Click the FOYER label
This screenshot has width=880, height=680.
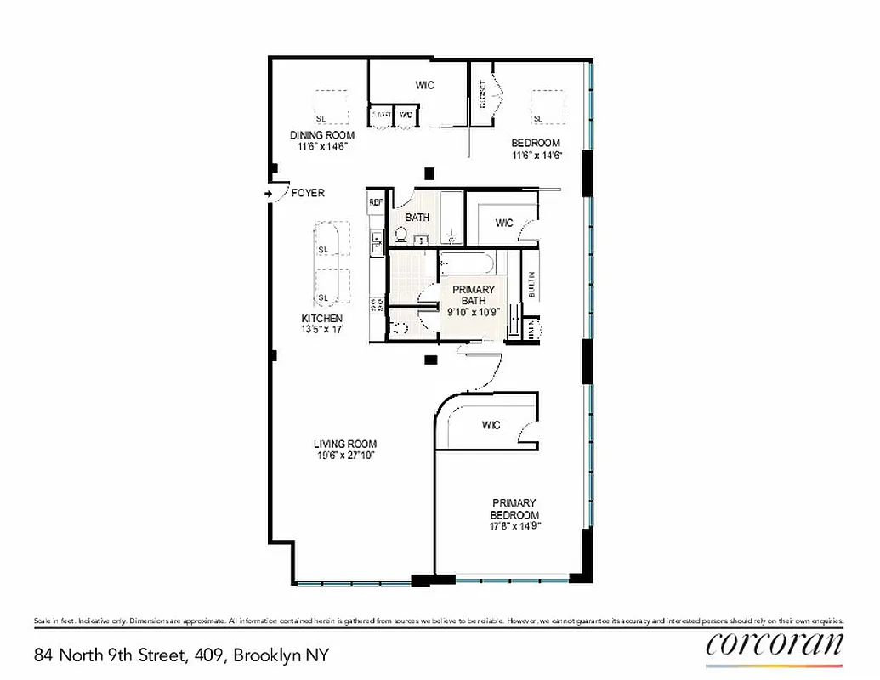pyautogui.click(x=308, y=194)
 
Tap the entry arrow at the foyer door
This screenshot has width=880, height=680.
pyautogui.click(x=270, y=194)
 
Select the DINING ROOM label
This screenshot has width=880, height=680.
pyautogui.click(x=322, y=135)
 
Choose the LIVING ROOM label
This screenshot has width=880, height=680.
pyautogui.click(x=344, y=445)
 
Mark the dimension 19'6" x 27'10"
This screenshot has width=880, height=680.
pyautogui.click(x=344, y=456)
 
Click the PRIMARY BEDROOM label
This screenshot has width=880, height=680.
pyautogui.click(x=514, y=508)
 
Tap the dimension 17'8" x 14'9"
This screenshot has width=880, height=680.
pyautogui.click(x=514, y=526)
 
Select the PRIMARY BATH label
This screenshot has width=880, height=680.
pyautogui.click(x=473, y=295)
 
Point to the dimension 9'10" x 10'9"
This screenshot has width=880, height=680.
pyautogui.click(x=473, y=311)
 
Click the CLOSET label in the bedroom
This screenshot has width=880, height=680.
pyautogui.click(x=483, y=95)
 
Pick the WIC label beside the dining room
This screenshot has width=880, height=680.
pyautogui.click(x=425, y=85)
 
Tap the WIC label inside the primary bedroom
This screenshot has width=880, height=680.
pyautogui.click(x=491, y=425)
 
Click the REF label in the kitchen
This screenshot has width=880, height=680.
pyautogui.click(x=376, y=203)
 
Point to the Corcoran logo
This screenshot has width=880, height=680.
pyautogui.click(x=774, y=643)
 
